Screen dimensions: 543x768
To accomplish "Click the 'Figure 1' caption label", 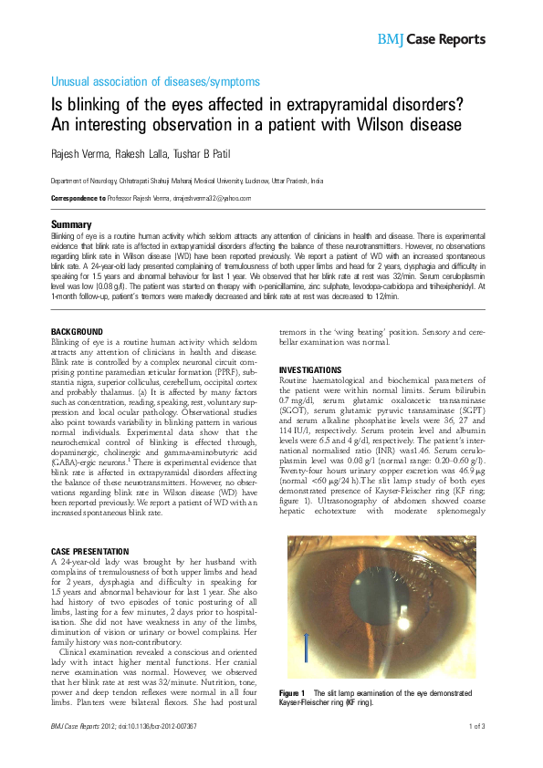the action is pos(292,695).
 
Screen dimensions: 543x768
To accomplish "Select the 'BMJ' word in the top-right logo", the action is pos(391,38).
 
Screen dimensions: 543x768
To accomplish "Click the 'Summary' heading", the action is pos(70,224).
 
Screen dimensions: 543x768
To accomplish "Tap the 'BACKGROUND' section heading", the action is pos(77,330).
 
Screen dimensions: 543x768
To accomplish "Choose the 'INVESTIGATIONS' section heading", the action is pos(310,370).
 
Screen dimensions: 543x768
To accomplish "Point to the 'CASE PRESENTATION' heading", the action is pos(89,552).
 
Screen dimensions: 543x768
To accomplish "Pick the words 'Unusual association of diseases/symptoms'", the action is pos(145,81).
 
